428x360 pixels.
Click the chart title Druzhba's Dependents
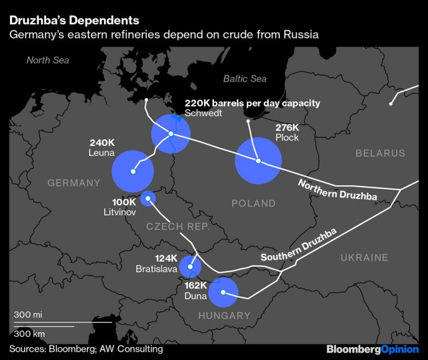73,20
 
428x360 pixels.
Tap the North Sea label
47,60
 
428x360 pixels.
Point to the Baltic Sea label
245,79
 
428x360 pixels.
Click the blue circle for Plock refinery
258,160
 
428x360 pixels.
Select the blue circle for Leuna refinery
132,171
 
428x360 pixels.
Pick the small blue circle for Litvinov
148,199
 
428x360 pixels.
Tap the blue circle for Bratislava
190,267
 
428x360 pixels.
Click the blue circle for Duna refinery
223,292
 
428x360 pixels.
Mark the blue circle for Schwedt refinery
171,134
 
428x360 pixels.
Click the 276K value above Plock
287,127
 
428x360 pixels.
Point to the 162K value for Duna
196,285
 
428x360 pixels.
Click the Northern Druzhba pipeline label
337,190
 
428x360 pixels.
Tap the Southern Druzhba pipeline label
298,245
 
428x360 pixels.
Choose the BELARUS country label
380,153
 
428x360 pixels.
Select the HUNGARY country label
224,316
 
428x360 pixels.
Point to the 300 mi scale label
29,315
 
